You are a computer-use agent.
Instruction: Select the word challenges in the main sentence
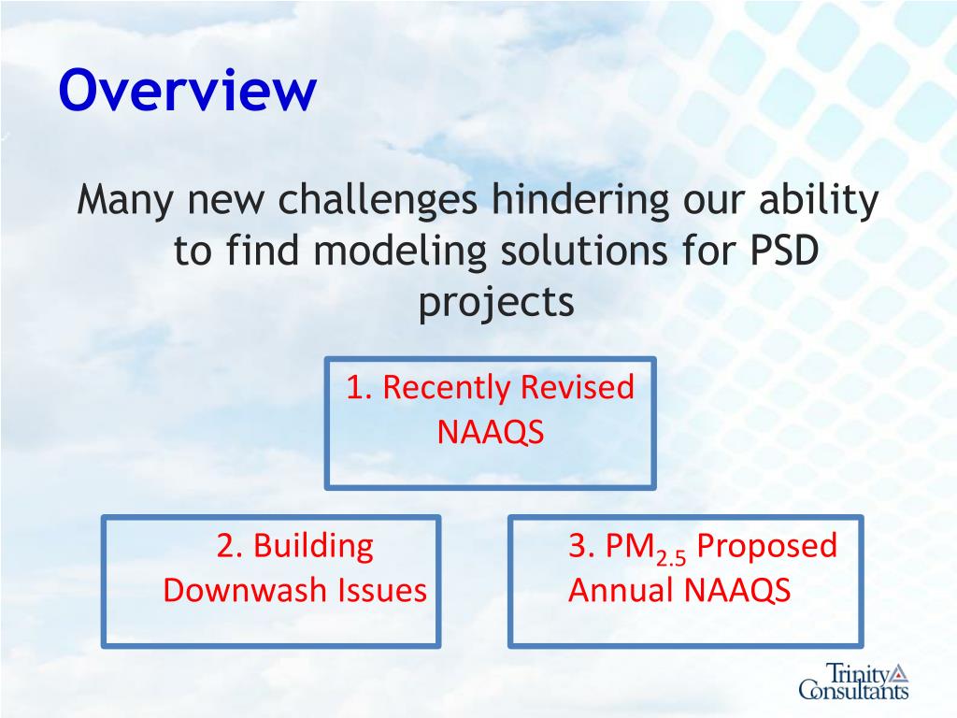coord(378,200)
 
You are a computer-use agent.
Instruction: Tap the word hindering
coord(580,200)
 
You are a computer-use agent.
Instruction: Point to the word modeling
coord(400,251)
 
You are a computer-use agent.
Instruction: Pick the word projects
coord(496,303)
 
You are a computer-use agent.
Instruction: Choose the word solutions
coord(584,251)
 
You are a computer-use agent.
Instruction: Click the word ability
coord(819,200)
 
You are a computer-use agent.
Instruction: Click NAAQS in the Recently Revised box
coord(490,432)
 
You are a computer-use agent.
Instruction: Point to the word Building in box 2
coord(313,546)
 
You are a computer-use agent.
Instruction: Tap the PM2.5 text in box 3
coord(646,548)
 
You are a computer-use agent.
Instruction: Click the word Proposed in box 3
coord(766,547)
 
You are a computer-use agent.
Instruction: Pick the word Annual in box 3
coord(621,591)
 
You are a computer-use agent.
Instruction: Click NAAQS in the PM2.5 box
coord(737,591)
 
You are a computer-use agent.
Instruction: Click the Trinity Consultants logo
coord(854,681)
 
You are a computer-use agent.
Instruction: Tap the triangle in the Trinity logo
coord(899,673)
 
